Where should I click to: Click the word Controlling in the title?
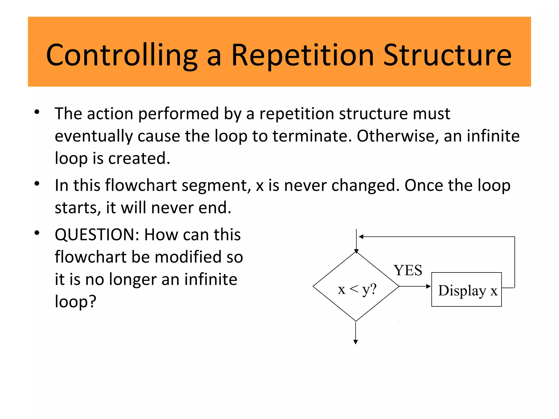122,55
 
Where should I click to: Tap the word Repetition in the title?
302,55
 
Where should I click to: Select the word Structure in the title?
447,55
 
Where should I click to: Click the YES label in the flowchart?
408,270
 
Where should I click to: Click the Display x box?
466,289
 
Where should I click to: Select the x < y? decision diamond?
356,287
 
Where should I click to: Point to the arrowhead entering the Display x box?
429,286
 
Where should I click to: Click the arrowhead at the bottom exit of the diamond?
356,342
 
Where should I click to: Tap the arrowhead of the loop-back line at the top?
361,237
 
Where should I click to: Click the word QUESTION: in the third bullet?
97,235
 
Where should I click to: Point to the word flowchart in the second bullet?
141,185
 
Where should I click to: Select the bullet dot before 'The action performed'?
37,112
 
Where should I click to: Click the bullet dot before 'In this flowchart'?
37,184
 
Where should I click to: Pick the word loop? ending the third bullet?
76,302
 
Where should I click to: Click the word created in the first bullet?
139,158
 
